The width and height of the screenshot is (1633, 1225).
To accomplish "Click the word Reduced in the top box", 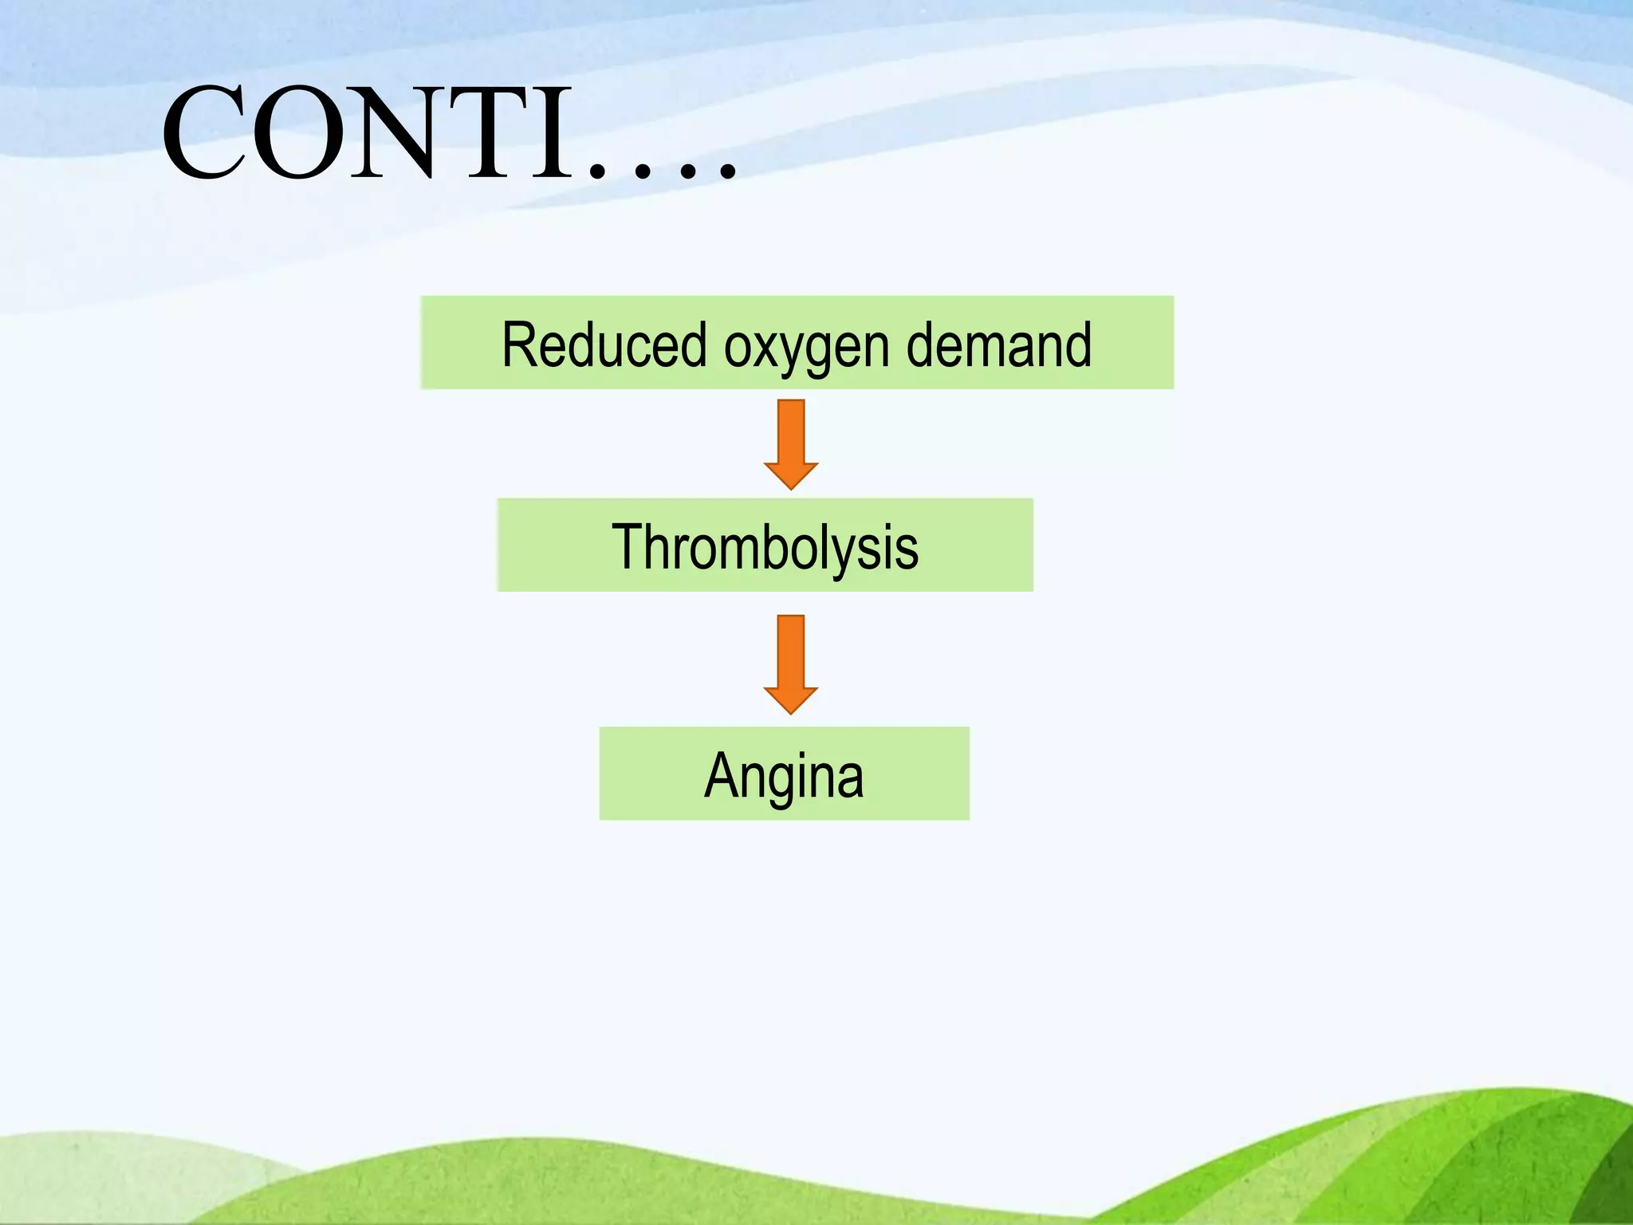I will [604, 345].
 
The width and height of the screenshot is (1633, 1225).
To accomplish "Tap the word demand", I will [999, 345].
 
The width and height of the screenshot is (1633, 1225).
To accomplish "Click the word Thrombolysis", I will [765, 547].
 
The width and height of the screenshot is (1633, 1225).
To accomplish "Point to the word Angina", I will [784, 775].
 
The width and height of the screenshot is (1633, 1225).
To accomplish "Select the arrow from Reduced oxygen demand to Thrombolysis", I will [790, 443].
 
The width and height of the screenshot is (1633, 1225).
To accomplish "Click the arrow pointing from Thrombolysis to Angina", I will [790, 664].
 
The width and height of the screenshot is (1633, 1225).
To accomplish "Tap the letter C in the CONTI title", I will [206, 133].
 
